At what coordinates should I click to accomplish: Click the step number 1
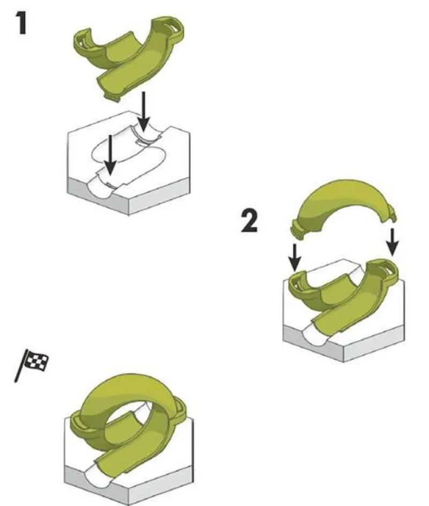[21, 23]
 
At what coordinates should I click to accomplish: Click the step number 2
[249, 221]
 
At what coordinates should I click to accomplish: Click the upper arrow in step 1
[144, 111]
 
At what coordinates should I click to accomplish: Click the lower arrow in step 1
[110, 155]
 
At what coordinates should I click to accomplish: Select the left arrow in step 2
[295, 257]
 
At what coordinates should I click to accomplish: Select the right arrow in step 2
[392, 242]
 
